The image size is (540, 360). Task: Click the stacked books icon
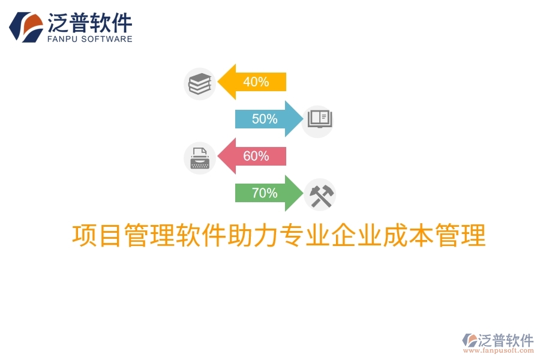click(x=200, y=83)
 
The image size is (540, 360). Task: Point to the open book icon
click(x=318, y=119)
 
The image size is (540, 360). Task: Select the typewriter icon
click(x=199, y=158)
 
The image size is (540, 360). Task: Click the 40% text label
click(x=256, y=82)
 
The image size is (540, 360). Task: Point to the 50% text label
click(x=265, y=119)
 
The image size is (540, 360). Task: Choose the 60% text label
click(x=256, y=156)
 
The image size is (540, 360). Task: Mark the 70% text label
click(x=265, y=193)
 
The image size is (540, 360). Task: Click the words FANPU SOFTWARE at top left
click(x=89, y=39)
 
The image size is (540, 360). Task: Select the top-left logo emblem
click(x=25, y=27)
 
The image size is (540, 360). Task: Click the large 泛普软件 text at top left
click(x=89, y=23)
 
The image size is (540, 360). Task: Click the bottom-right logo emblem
click(x=469, y=340)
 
